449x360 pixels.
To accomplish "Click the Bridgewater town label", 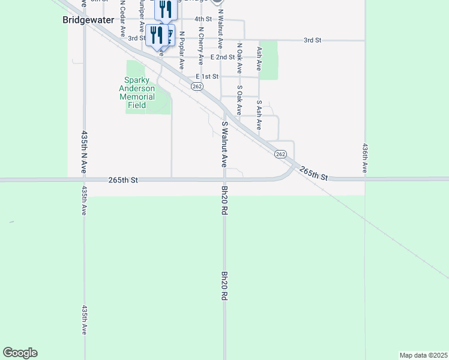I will coord(88,19).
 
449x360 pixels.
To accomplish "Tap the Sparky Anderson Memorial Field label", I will coord(137,92).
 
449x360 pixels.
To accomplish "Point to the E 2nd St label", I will coord(223,57).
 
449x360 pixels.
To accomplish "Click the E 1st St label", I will coord(206,77).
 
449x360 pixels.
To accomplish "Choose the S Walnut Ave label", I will coord(224,144).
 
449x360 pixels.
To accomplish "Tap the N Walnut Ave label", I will coord(220,28).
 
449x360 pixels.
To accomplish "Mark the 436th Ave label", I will coord(365,158).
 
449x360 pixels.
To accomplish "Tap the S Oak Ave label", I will coord(239,100).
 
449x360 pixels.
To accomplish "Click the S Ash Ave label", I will coord(259,115).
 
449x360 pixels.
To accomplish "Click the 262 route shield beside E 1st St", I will coord(197,87).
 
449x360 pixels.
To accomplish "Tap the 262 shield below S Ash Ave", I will coord(280,154).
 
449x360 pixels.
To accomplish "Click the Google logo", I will coord(20,353).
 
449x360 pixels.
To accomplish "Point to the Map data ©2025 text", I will coord(423,355).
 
